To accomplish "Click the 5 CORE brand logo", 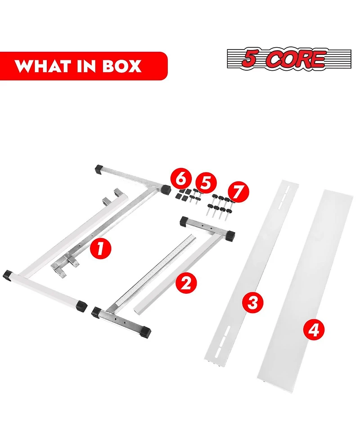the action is (x=289, y=59).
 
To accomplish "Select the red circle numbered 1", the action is (x=100, y=249).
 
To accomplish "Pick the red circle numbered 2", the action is (x=186, y=283).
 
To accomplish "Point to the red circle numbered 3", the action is (x=253, y=302).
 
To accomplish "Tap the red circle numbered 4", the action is (x=314, y=330).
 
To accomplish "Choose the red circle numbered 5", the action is (x=206, y=183).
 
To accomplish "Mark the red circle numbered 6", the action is (x=181, y=178).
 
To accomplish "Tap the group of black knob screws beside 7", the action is (x=220, y=206).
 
